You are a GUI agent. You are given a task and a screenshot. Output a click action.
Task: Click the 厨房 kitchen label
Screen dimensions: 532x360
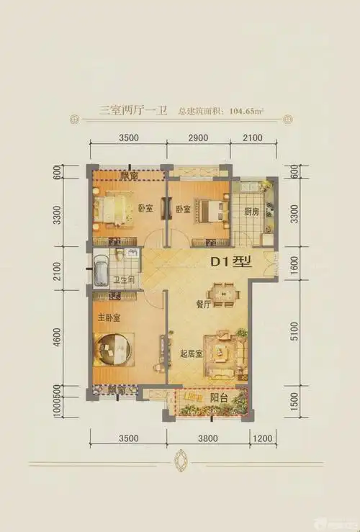click(x=251, y=212)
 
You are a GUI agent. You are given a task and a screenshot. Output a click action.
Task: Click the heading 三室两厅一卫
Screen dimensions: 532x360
click(x=133, y=111)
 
